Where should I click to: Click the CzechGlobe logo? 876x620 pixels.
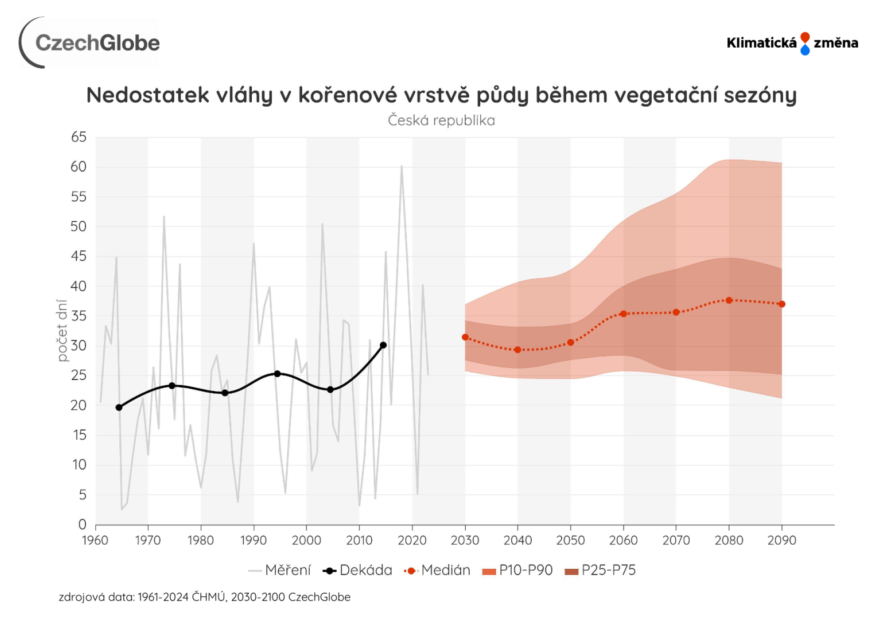(89, 43)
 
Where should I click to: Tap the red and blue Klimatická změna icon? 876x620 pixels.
(805, 44)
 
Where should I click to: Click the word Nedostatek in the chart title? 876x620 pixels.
(147, 95)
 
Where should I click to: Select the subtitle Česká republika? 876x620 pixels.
(441, 121)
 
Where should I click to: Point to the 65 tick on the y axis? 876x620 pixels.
(79, 137)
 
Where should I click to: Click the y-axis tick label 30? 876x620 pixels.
(79, 346)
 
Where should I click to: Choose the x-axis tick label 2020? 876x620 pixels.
(412, 540)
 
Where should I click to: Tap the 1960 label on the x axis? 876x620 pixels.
(95, 540)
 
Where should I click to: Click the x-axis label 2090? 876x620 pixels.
(781, 540)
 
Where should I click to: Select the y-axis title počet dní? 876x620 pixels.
(63, 331)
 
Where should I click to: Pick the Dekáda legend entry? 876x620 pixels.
(358, 570)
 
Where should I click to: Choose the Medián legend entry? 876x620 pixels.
(438, 570)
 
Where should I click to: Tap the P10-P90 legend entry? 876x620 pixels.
(518, 570)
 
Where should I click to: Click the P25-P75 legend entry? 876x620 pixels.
(601, 570)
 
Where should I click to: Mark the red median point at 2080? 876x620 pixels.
(729, 300)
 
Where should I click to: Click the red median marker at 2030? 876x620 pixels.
(465, 337)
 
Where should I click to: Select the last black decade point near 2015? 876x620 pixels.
(383, 345)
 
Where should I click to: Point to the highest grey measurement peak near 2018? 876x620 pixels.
(402, 166)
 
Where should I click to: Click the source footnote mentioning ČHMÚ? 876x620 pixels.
(204, 597)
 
